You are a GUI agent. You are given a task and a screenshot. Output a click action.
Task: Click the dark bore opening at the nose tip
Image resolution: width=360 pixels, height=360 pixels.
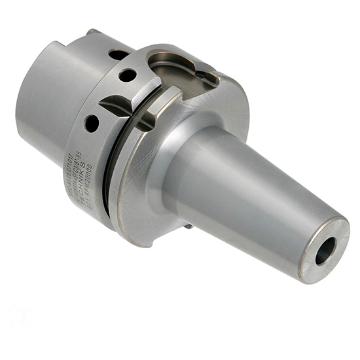325,250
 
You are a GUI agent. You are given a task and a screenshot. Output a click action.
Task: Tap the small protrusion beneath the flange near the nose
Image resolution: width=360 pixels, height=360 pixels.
189,226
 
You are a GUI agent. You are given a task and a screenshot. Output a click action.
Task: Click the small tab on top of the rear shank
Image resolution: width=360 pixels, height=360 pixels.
92,31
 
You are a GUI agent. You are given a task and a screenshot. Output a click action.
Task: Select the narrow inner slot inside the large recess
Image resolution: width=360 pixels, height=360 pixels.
206,79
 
